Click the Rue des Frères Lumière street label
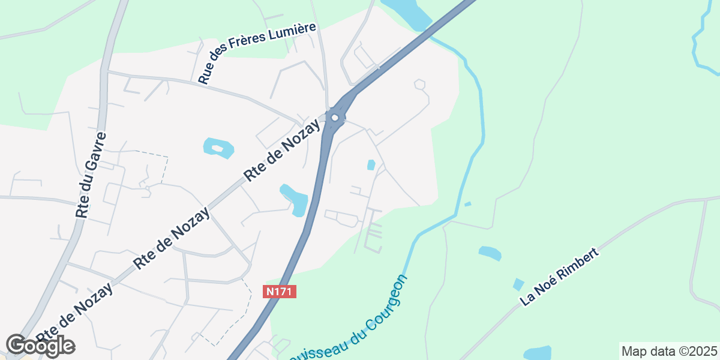[257, 53]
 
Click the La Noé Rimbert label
[560, 277]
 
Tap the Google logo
[40, 346]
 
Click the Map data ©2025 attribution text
[668, 351]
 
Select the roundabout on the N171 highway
[335, 117]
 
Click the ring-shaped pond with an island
[218, 148]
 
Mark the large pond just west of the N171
[295, 199]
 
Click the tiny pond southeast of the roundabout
[371, 164]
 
